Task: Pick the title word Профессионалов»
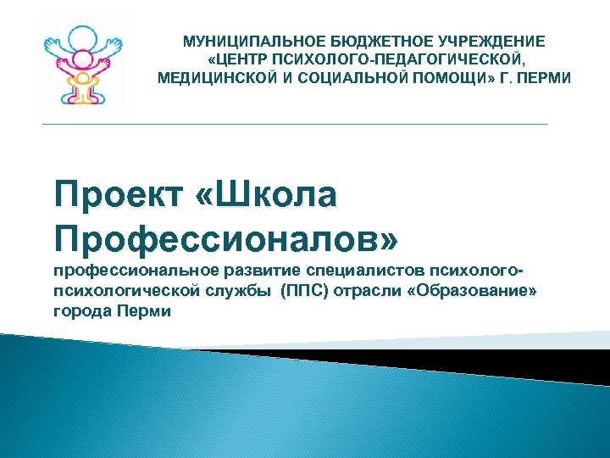coord(225,237)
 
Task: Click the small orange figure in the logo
coord(83,85)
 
